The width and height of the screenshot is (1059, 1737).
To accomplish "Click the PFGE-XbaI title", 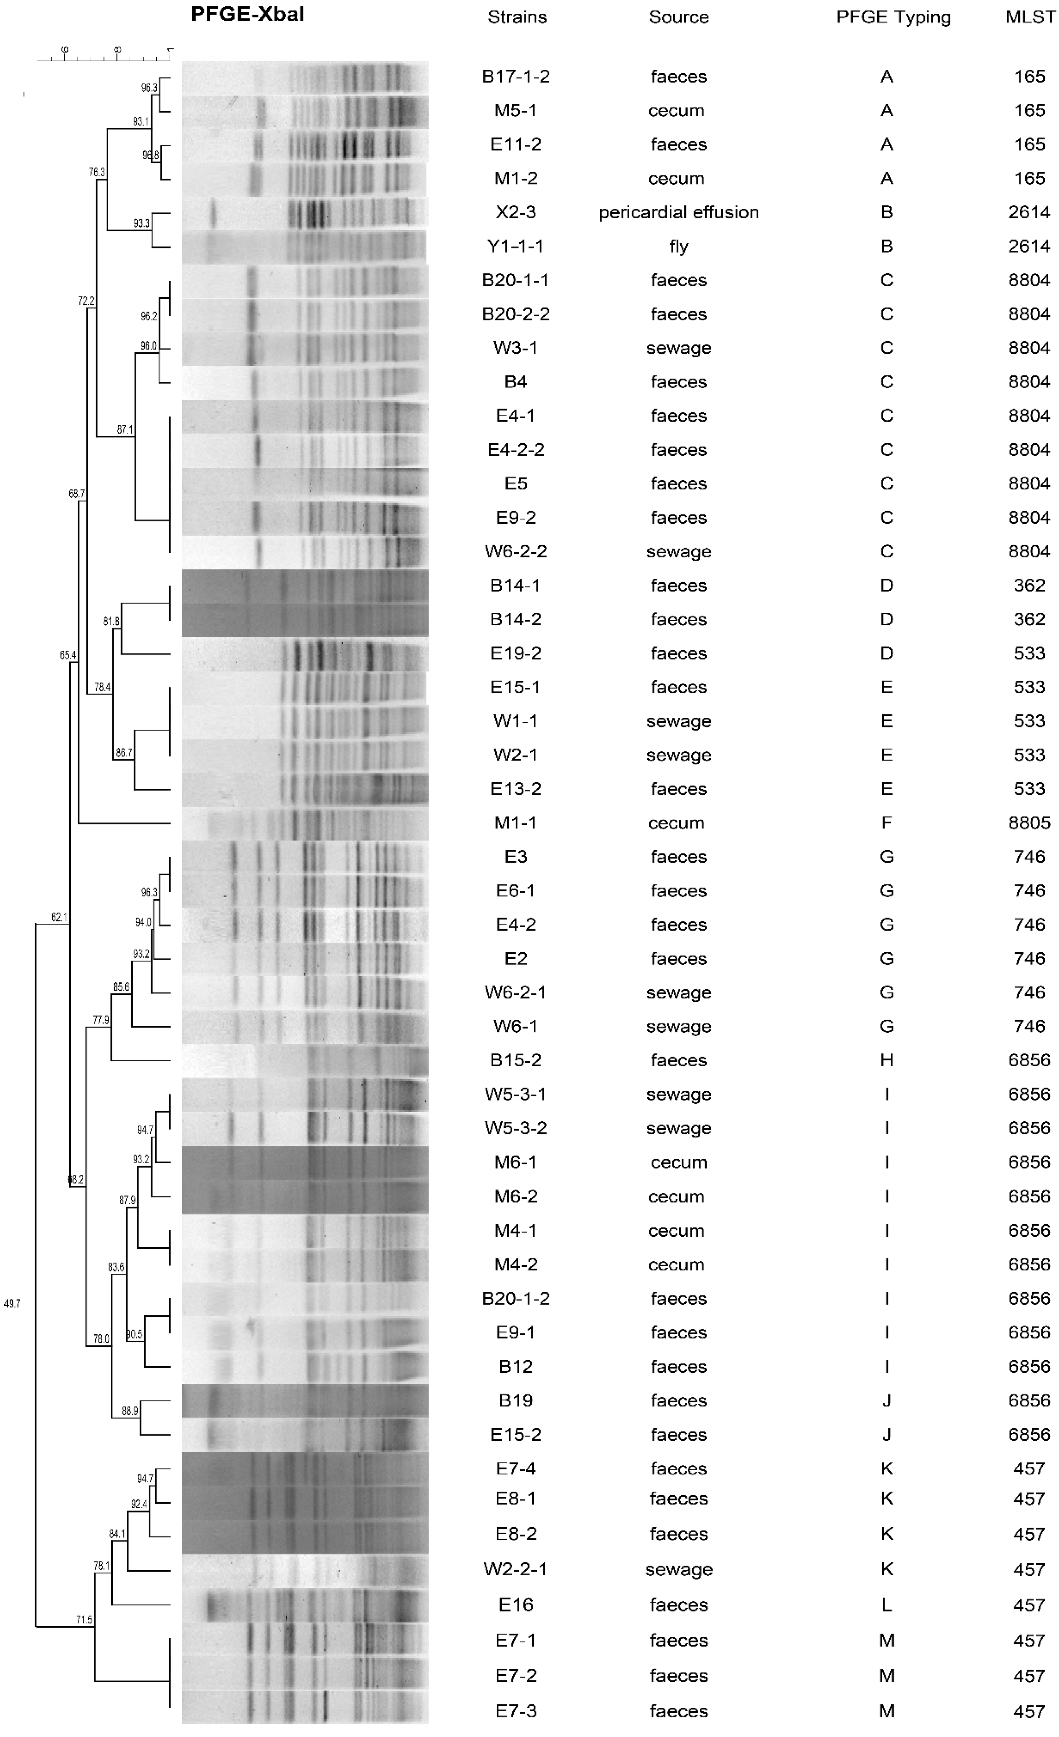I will coord(248,15).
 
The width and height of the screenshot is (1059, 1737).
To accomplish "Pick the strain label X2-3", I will coord(515,212).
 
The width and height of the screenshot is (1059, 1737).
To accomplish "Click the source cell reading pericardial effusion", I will coord(678,212).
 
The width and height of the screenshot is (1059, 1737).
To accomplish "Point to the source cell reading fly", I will coord(678,246).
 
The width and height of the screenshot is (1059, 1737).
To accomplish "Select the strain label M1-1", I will coord(515,823).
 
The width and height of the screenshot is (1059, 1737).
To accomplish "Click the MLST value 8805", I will coord(1029,823).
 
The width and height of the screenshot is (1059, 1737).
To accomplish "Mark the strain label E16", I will coord(515,1605).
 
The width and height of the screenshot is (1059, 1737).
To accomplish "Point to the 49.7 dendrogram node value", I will coord(12,1304).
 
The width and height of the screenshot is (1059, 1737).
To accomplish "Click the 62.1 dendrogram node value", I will coord(59,917).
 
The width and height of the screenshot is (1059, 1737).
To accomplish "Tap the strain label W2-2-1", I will coord(515,1569).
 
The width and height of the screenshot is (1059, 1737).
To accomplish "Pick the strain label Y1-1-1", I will coord(515,246).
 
